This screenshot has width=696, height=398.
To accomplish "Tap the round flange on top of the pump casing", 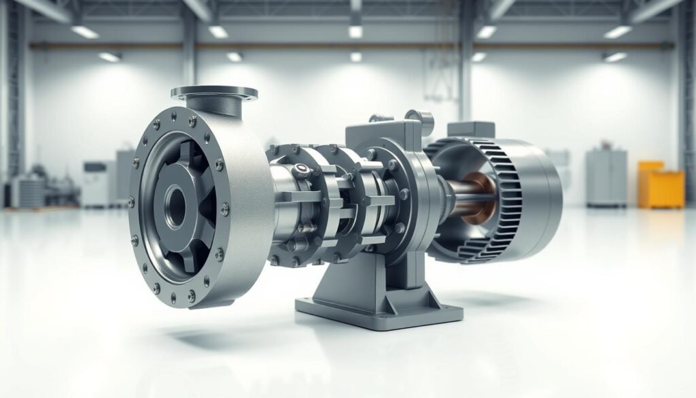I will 214,92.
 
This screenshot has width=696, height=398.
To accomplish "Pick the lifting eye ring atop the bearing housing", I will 424,120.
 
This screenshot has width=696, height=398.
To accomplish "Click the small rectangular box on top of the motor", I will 470,129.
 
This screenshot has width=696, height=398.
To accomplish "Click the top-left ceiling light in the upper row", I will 85,31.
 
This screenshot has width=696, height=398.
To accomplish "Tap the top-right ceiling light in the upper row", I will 617,31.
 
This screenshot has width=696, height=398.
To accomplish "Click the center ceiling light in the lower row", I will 355,57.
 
